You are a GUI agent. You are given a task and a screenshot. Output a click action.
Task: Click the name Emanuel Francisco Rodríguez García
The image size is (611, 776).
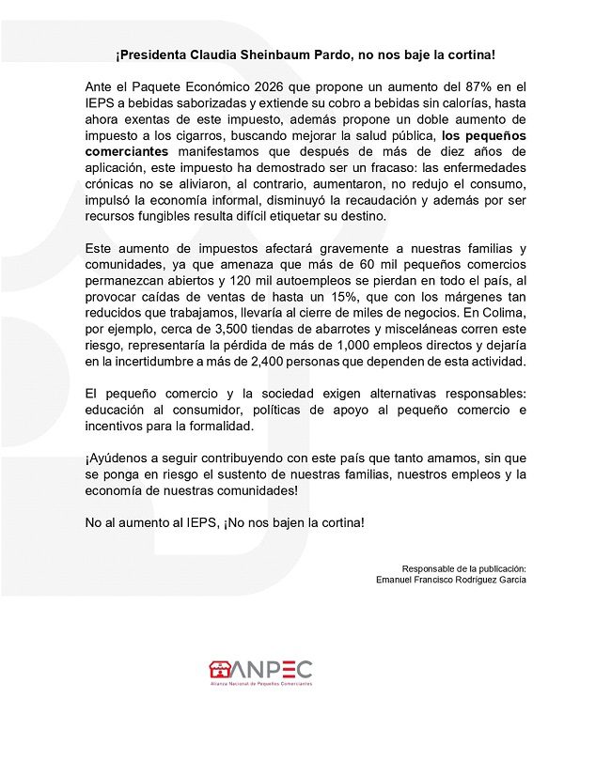click(x=451, y=580)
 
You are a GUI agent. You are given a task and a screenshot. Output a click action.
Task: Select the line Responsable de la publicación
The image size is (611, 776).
click(x=464, y=568)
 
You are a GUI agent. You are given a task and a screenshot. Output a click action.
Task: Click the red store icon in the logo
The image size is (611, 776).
click(x=220, y=670)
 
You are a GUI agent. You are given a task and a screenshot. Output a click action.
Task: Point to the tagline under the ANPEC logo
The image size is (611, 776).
click(x=260, y=684)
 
